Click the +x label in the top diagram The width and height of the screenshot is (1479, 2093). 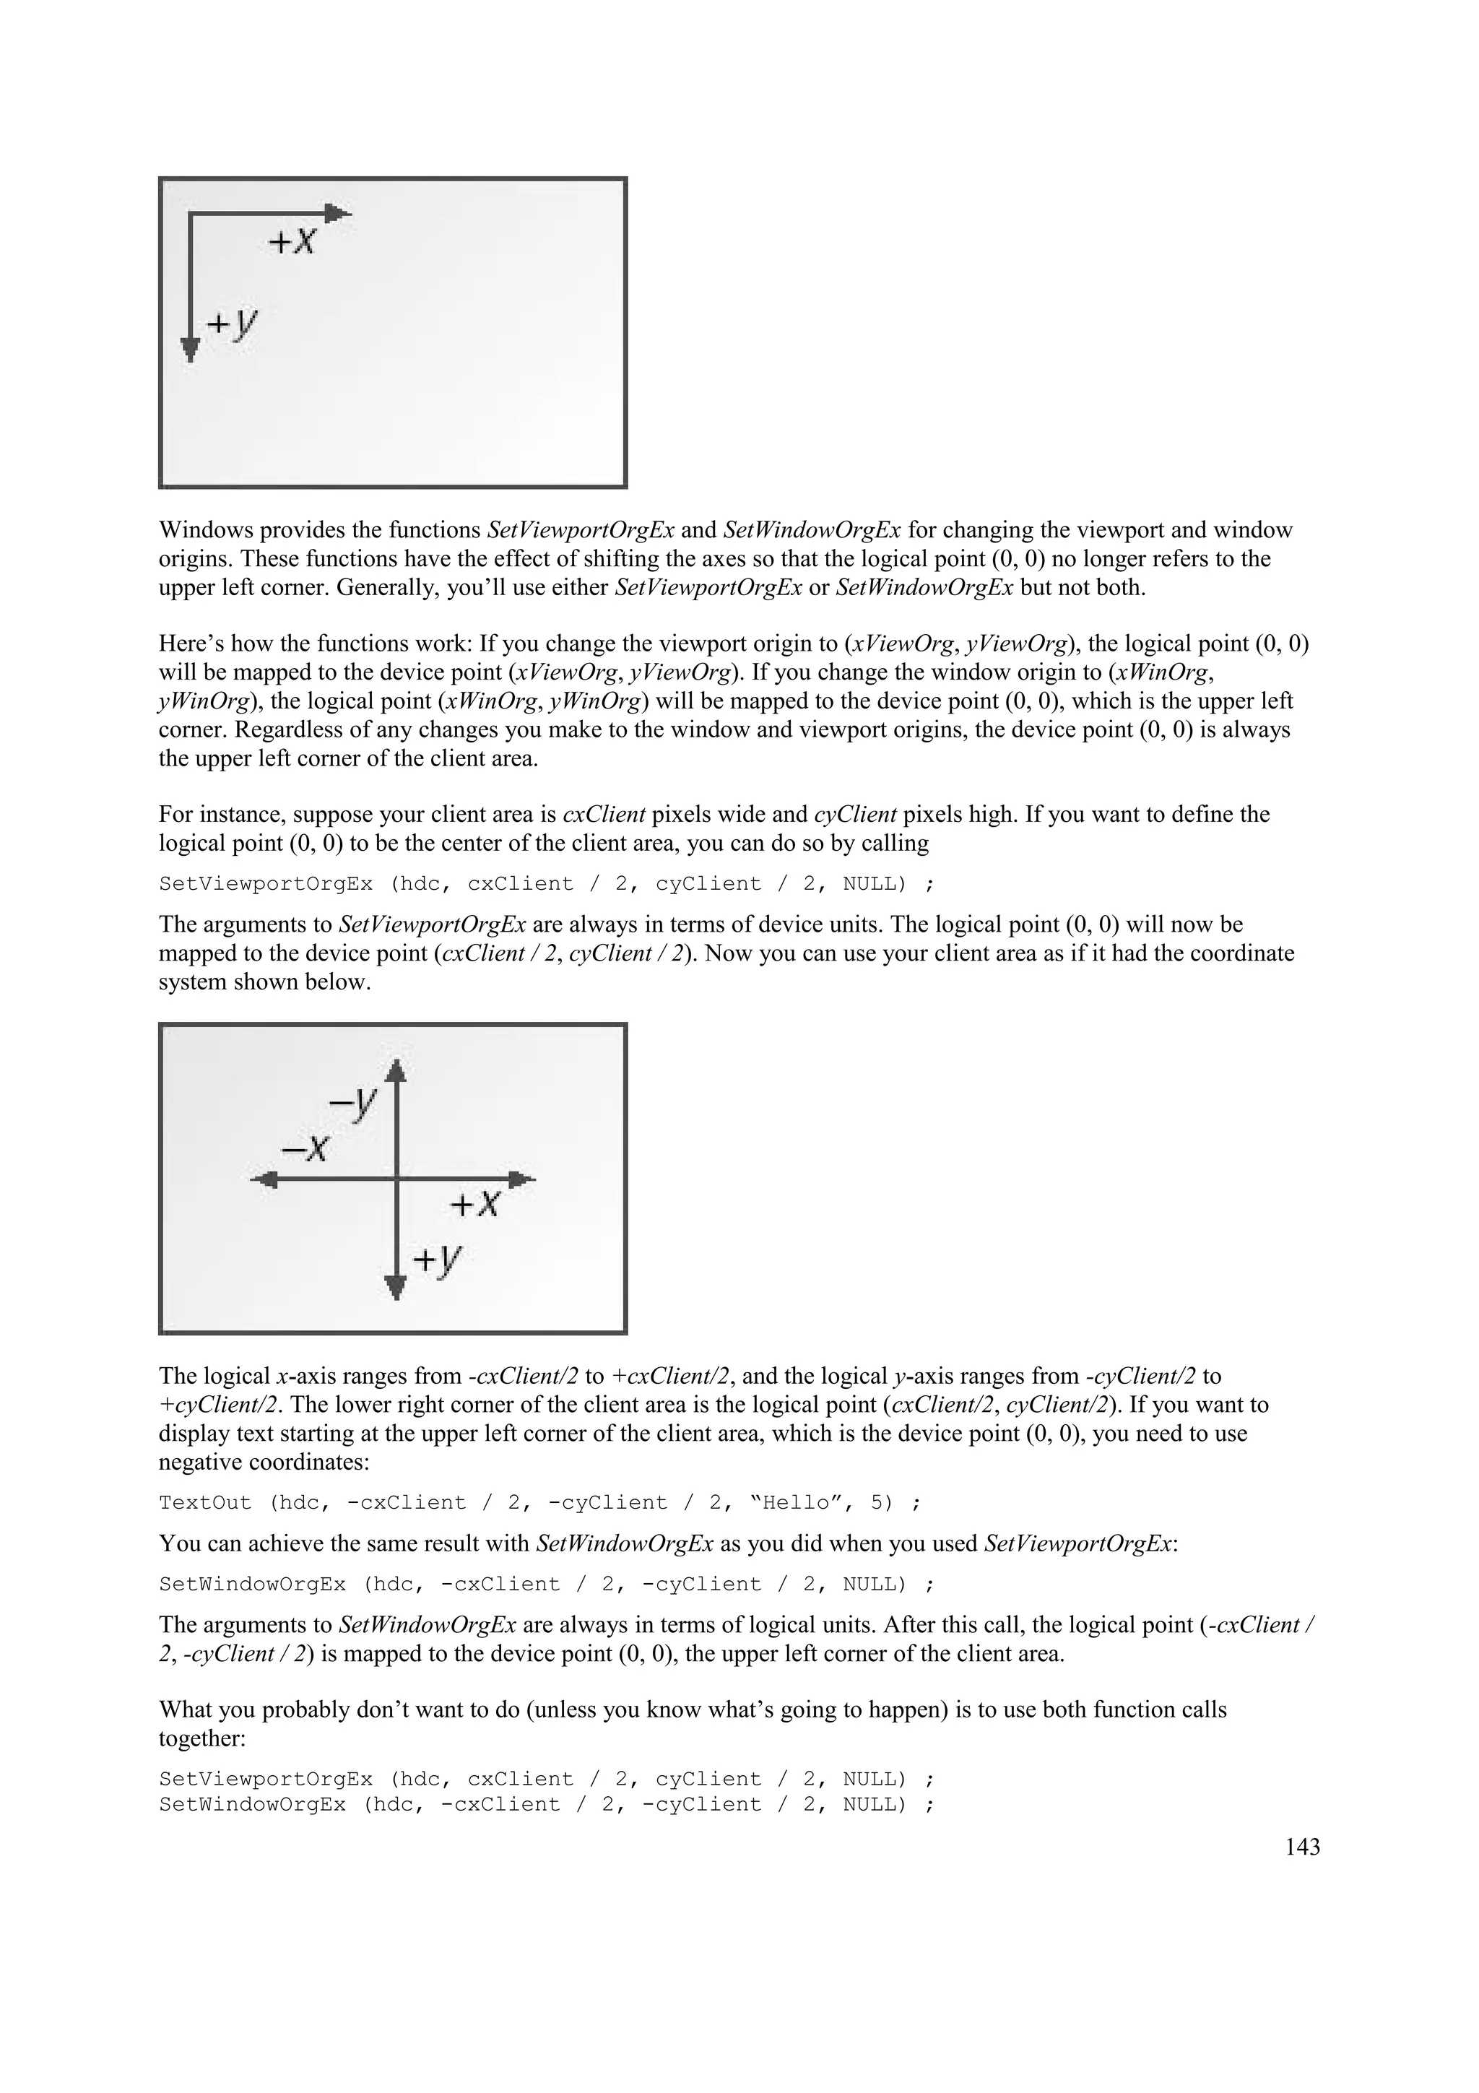coord(292,241)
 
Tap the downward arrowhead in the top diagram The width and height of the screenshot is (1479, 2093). coord(189,349)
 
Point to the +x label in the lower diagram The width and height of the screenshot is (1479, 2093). coord(474,1204)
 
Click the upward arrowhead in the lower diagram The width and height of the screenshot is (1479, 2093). coord(394,1070)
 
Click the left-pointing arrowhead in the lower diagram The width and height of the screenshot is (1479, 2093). coord(265,1179)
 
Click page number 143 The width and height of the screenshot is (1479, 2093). coord(1302,1847)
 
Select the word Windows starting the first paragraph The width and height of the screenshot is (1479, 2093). coord(203,529)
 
